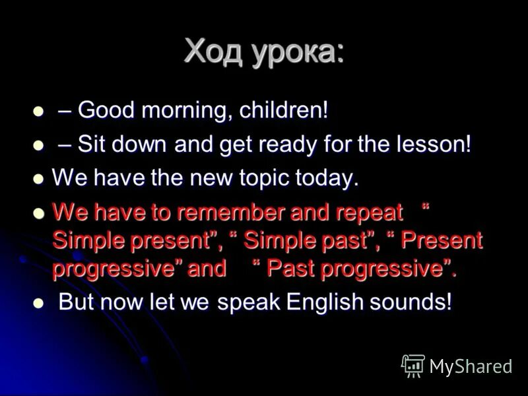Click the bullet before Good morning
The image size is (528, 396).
(x=38, y=111)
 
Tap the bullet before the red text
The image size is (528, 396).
(x=38, y=213)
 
